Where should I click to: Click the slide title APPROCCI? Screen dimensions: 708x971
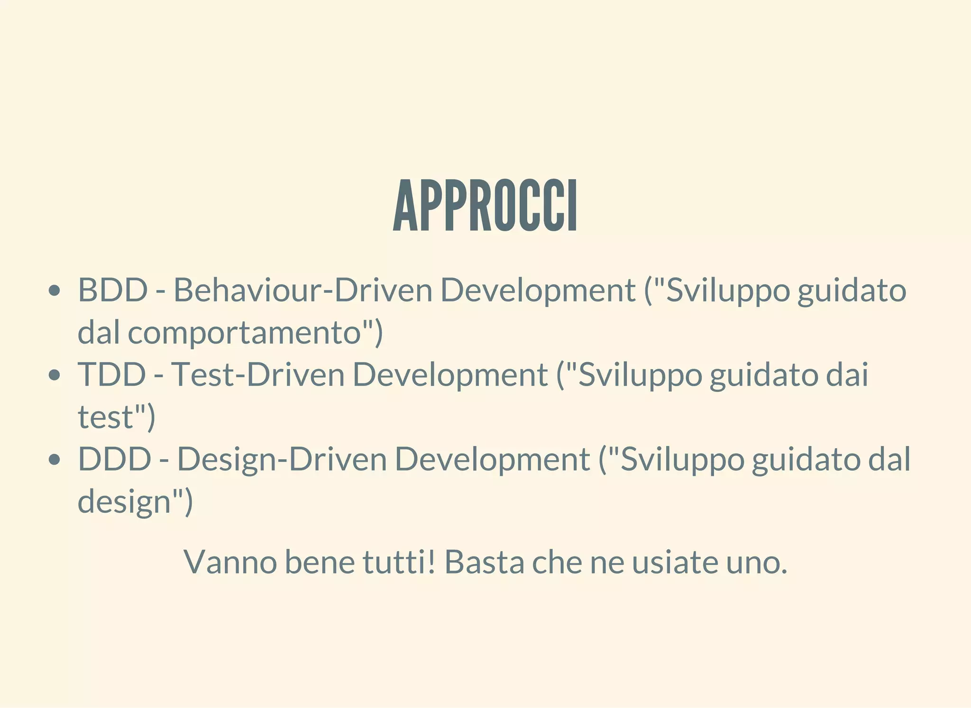485,206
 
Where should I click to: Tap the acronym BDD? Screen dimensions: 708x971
113,290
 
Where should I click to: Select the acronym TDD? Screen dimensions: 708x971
112,374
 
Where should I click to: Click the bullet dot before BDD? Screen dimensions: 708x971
55,290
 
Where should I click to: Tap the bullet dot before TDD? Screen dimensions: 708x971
55,375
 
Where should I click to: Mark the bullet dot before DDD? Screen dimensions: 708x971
55,460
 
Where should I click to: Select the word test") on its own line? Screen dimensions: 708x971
116,417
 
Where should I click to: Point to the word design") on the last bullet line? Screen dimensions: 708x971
135,502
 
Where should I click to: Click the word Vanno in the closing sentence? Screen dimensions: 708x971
230,562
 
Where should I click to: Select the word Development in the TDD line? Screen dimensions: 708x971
450,374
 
